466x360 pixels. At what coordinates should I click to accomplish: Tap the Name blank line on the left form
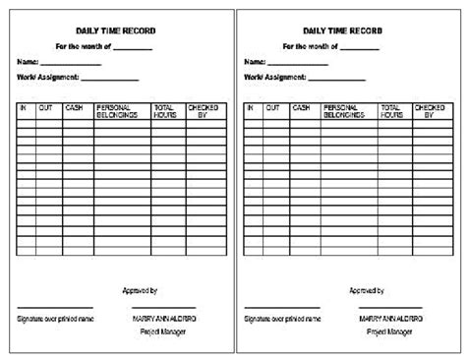[71, 63]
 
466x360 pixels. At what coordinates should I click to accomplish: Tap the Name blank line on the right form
[298, 63]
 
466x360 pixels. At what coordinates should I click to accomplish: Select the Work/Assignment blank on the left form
[109, 78]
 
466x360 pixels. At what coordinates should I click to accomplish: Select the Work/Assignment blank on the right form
[336, 78]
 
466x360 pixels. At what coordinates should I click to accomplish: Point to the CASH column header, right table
[301, 107]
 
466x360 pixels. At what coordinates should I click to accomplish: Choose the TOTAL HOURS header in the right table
[391, 111]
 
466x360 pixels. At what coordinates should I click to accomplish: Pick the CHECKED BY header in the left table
[204, 111]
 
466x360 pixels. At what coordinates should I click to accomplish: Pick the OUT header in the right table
[272, 107]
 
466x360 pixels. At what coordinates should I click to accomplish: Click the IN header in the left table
[24, 107]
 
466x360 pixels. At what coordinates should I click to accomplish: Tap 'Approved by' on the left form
[141, 291]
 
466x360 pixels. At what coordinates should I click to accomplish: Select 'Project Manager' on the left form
[157, 332]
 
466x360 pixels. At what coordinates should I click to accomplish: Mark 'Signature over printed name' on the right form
[282, 319]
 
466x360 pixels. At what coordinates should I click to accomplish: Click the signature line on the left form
[55, 308]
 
